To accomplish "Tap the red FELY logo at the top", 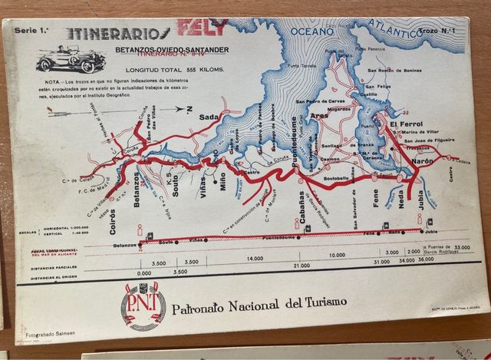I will [x=203, y=29].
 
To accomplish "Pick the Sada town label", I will [x=208, y=116].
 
